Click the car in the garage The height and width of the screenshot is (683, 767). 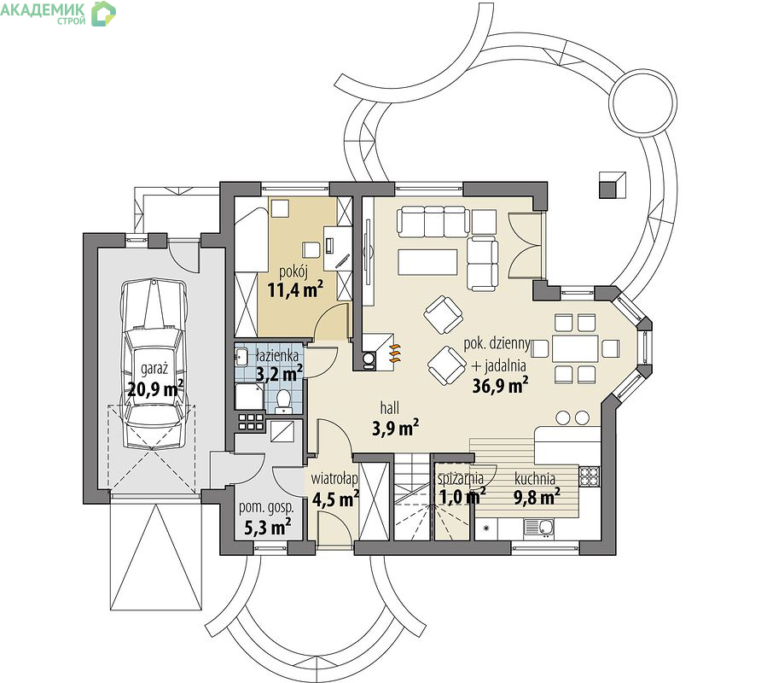pos(154,364)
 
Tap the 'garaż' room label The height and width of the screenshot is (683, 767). pos(154,369)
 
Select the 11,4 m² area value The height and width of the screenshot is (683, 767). pos(295,289)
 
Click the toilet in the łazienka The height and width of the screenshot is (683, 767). pos(282,398)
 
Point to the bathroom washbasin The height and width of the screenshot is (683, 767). pos(242,356)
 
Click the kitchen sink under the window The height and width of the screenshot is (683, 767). pos(539,528)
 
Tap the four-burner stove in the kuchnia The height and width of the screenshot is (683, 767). pos(589,476)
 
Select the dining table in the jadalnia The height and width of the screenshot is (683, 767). pos(575,348)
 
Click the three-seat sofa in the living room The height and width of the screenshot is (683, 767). pos(433,222)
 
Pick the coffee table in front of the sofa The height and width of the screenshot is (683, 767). pos(428,262)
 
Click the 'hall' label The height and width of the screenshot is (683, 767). pos(389,408)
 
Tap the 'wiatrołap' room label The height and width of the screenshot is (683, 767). pos(334,478)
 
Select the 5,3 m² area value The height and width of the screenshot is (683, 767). pos(268,527)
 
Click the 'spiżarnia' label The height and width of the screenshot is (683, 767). pos(460,478)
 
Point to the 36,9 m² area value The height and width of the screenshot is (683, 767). pos(500,385)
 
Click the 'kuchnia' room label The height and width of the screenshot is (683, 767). pos(535,478)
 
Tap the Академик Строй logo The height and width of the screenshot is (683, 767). pos(58,13)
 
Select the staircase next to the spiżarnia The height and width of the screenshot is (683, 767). pos(412,497)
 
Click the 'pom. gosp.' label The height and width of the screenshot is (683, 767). pos(266,508)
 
